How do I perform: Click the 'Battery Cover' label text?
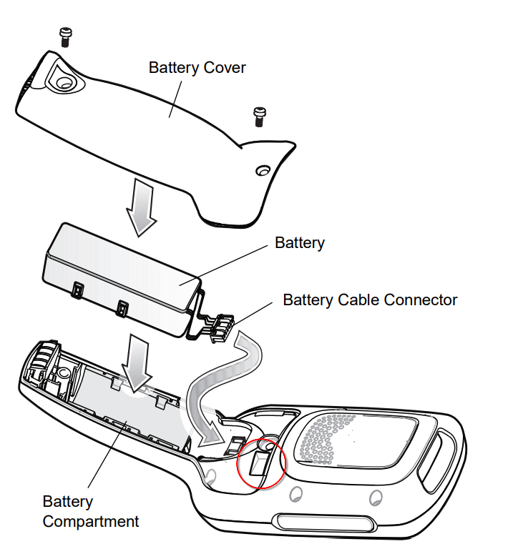click(197, 67)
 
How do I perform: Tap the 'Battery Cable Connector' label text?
click(369, 300)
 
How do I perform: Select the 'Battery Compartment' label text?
click(91, 511)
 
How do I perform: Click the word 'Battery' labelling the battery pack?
click(299, 243)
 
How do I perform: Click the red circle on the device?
click(260, 463)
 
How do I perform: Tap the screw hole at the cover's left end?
click(65, 83)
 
